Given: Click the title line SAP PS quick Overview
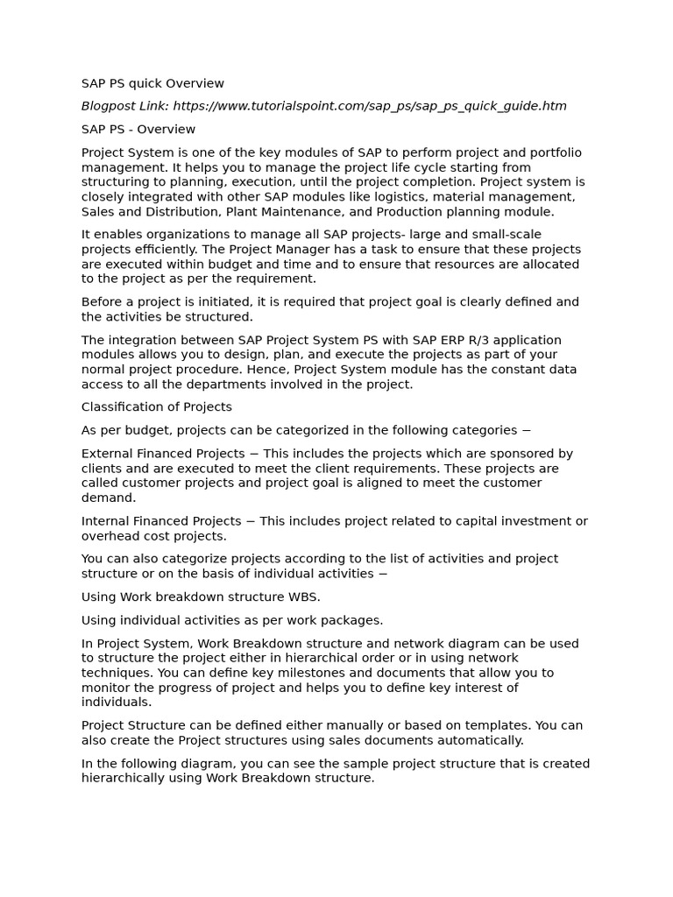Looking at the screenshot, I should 152,84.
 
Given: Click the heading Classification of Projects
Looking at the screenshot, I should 157,407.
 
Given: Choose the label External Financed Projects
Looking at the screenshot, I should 163,454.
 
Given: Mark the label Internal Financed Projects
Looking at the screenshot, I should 161,521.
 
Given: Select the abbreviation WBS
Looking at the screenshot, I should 305,597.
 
